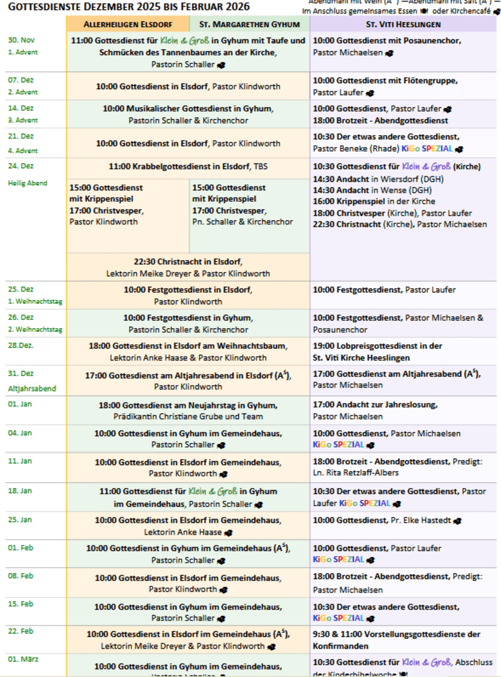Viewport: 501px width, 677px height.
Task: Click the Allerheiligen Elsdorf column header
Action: tap(128, 24)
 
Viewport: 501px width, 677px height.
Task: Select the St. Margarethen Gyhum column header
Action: tap(249, 24)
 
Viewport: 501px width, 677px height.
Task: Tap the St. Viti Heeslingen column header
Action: tap(403, 24)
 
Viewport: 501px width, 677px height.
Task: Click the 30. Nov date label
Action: tap(21, 40)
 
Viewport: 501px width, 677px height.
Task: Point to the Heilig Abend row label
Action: tap(28, 183)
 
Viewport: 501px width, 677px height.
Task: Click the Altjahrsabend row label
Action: tap(32, 388)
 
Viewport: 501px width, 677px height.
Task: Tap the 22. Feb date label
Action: tap(21, 631)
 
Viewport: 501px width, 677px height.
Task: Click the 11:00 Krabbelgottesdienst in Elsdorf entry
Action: tap(188, 166)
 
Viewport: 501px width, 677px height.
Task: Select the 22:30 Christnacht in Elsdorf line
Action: tap(188, 261)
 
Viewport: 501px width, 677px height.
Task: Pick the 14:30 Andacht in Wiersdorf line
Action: tap(378, 179)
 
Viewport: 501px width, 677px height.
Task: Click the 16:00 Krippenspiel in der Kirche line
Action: tap(374, 201)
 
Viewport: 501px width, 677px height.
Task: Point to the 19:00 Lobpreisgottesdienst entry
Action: tap(377, 346)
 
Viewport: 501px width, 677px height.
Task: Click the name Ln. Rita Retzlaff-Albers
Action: tap(356, 472)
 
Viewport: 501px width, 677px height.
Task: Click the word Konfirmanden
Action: tap(341, 646)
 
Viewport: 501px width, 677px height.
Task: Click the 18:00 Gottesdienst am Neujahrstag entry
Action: tap(188, 405)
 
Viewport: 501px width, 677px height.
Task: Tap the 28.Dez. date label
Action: tap(21, 345)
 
